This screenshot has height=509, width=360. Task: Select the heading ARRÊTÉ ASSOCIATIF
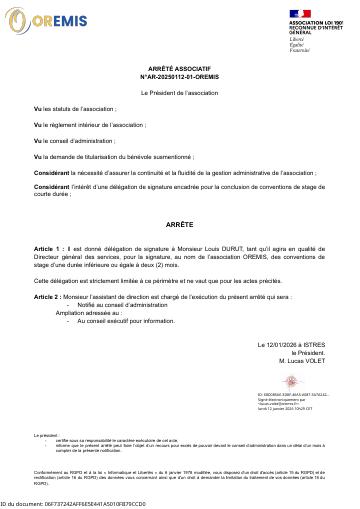pos(179,66)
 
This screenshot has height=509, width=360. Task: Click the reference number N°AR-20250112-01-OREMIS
pos(179,74)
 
